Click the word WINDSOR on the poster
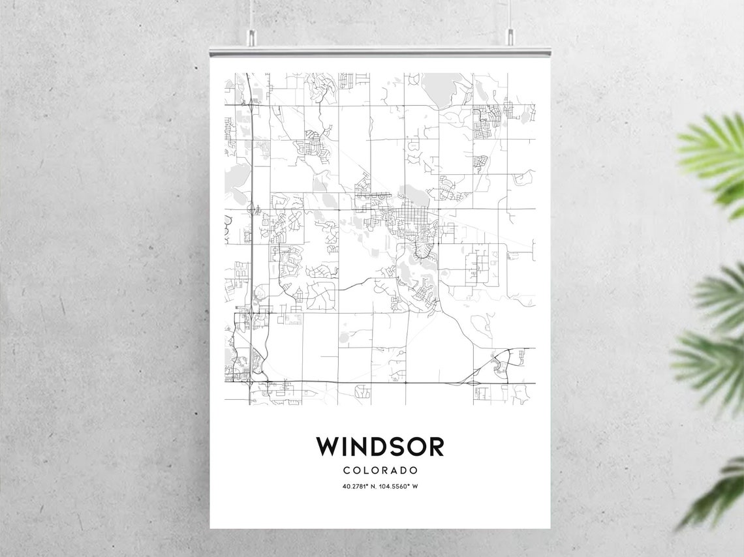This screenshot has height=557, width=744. pos(380,447)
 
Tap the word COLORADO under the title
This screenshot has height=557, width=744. pos(380,470)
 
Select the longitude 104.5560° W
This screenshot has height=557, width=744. pos(401,487)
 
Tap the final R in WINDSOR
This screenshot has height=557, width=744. pos(435,447)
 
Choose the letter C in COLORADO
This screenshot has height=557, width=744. pos(346,470)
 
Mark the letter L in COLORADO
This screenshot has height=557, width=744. pos(365,470)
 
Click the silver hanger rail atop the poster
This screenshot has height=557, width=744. pos(380,51)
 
